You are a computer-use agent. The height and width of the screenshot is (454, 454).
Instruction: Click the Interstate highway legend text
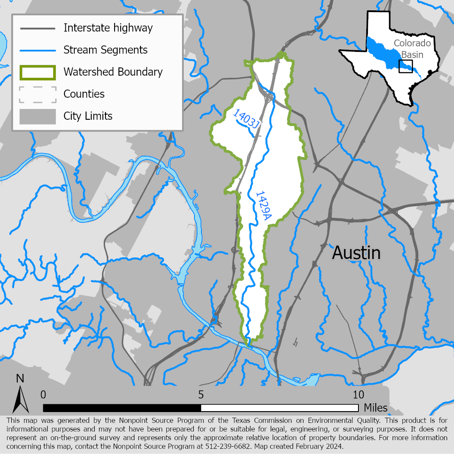click(x=108, y=28)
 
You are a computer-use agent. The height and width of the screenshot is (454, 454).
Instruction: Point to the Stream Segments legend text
click(x=106, y=50)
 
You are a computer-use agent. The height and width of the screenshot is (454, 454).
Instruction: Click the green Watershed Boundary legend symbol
click(x=38, y=72)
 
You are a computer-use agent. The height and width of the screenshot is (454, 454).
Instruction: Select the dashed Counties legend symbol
click(x=38, y=94)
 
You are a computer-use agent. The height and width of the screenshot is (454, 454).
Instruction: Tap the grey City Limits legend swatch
click(x=38, y=116)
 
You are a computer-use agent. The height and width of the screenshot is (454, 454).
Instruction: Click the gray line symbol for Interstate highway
click(x=38, y=29)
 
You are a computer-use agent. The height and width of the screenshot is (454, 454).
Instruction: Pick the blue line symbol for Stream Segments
click(x=38, y=50)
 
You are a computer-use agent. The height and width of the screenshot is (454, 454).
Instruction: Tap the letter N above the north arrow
click(x=20, y=379)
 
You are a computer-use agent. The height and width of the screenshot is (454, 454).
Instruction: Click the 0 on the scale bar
click(x=43, y=395)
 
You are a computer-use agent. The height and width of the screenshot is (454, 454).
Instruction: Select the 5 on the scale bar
click(x=201, y=395)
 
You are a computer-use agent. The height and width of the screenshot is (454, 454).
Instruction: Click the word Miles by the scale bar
click(x=376, y=408)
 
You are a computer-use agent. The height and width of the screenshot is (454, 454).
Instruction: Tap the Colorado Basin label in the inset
click(x=412, y=49)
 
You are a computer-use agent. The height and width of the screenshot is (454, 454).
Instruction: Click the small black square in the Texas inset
click(x=406, y=66)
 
